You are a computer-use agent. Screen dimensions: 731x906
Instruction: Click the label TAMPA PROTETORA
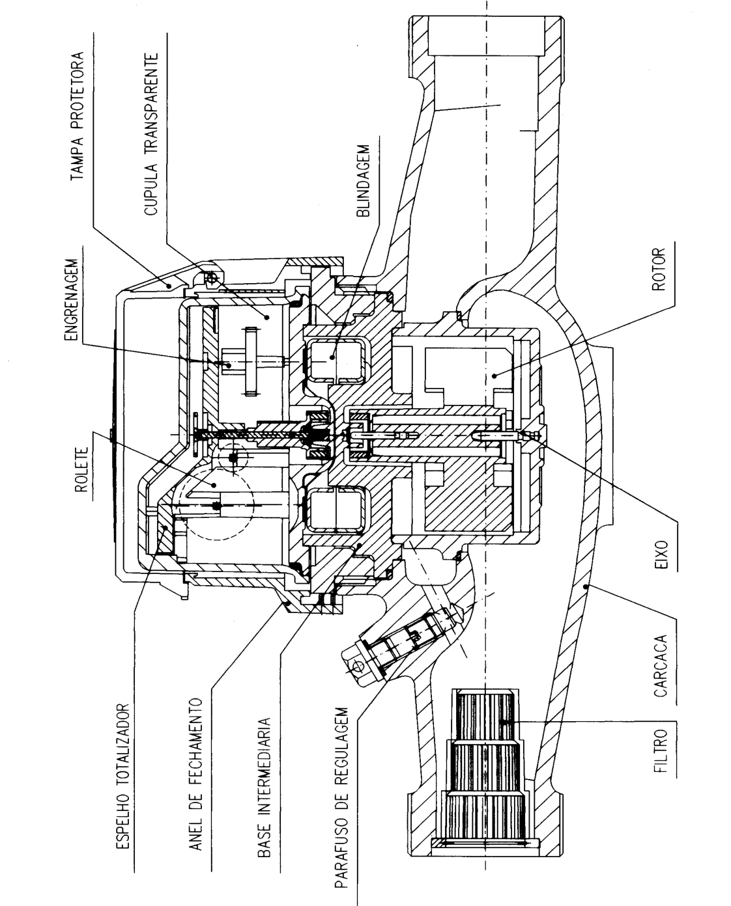point(77,117)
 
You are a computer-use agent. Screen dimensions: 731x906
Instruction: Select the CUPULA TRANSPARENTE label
point(151,134)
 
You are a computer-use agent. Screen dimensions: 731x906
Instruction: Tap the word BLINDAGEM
point(364,181)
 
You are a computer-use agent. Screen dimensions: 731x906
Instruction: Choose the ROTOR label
point(659,269)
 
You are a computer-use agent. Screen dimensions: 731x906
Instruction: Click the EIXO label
point(662,555)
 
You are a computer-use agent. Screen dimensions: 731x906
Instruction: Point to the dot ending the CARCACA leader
point(584,586)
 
